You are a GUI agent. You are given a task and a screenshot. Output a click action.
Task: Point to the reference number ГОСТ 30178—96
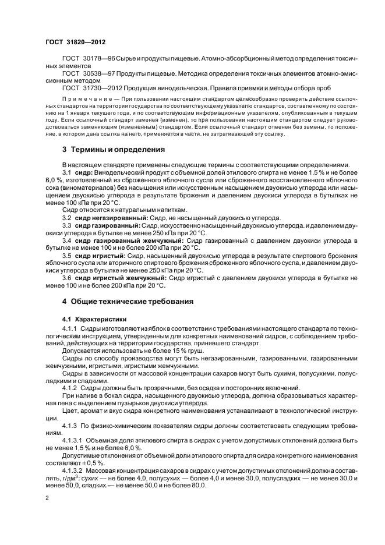pos(92,59)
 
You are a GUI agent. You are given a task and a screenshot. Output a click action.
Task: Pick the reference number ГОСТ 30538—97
pos(92,75)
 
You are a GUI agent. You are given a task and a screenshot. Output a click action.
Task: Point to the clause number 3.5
pos(66,254)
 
